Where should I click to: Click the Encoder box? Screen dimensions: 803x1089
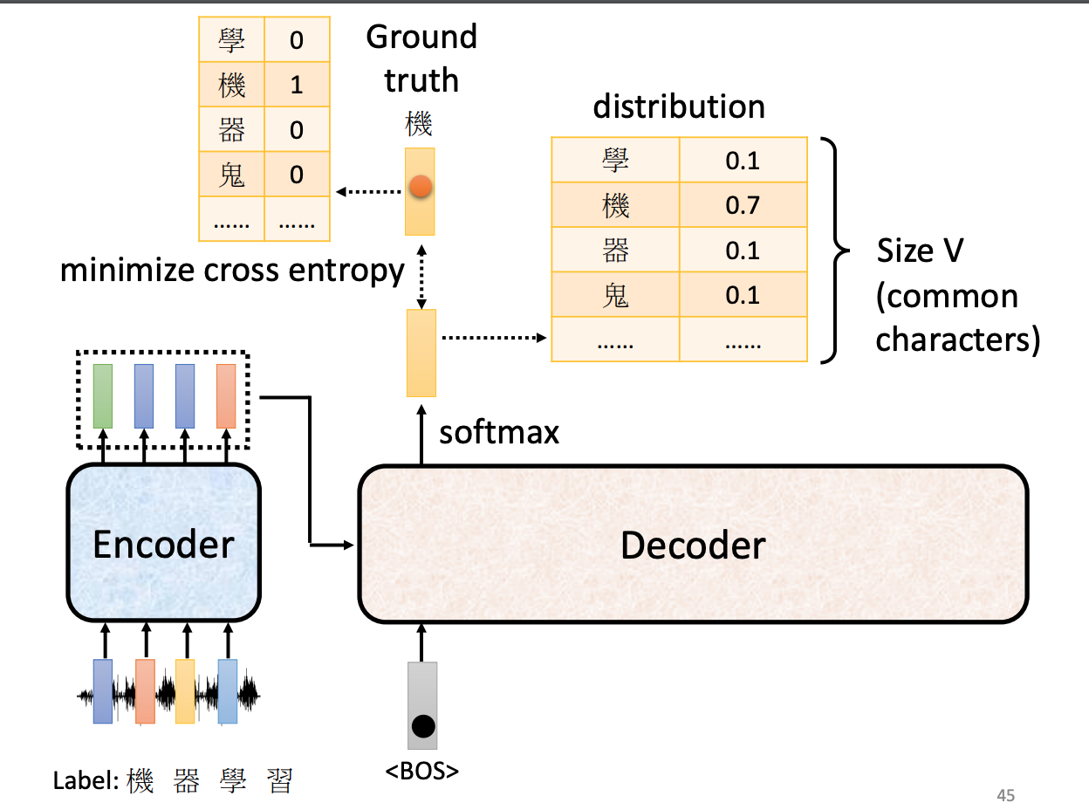(x=164, y=543)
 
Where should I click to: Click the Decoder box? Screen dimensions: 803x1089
(x=693, y=545)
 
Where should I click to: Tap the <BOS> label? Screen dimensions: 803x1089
(x=422, y=771)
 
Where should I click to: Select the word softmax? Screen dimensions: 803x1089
(x=499, y=432)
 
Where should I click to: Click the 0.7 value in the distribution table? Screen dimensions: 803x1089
(x=743, y=205)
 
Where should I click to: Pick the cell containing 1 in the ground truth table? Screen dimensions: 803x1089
(x=297, y=85)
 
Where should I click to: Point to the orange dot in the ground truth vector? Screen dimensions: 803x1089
(x=421, y=185)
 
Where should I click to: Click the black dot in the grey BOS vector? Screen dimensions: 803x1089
(x=423, y=725)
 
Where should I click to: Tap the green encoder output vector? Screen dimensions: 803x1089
(x=103, y=396)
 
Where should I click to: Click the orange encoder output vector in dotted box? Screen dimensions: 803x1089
(x=226, y=396)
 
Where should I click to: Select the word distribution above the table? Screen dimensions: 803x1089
(x=679, y=107)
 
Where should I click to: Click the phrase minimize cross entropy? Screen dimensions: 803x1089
(x=232, y=271)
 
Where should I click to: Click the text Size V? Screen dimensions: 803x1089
(x=920, y=251)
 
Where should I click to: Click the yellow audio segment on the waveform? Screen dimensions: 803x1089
(x=185, y=690)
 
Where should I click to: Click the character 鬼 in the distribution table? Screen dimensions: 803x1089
(x=615, y=295)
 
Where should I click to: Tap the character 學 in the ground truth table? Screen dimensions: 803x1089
(x=231, y=40)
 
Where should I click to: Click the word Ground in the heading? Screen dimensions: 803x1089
(x=421, y=37)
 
